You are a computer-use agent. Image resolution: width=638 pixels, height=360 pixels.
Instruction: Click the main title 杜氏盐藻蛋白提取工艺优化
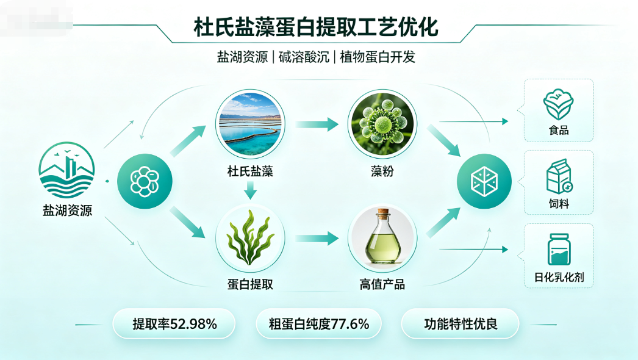(x=316, y=27)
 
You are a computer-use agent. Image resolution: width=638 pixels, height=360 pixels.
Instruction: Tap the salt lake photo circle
(x=250, y=124)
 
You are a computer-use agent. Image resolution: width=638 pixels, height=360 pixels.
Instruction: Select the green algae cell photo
(x=382, y=124)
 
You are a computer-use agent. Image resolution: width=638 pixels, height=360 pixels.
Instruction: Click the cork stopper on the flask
(x=382, y=214)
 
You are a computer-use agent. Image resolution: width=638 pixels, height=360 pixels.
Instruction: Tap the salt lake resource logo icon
(x=66, y=170)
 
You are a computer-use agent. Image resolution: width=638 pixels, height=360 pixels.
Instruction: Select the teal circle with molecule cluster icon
(x=145, y=181)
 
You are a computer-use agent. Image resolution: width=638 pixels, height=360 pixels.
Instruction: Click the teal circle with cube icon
(x=484, y=181)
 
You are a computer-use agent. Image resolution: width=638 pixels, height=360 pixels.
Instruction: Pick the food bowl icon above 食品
(x=558, y=105)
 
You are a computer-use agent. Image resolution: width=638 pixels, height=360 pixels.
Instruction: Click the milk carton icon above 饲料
(x=559, y=176)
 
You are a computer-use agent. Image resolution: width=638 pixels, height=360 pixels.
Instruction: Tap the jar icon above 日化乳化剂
(x=559, y=249)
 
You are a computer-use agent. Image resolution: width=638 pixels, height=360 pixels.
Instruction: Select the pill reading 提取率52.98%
(x=174, y=324)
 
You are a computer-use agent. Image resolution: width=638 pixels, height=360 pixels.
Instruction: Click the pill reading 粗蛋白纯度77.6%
(x=318, y=324)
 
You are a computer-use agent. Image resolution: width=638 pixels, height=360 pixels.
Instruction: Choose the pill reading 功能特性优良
(x=460, y=324)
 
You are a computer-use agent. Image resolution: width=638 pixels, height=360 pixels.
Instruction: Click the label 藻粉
(x=382, y=171)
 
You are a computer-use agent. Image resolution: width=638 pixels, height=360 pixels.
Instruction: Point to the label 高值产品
(x=382, y=284)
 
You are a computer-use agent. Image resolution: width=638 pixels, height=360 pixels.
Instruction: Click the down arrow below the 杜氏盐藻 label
(x=250, y=190)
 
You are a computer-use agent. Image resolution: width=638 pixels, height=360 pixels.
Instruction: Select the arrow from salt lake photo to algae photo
(x=317, y=124)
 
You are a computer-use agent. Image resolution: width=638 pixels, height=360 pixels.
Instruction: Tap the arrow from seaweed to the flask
(x=317, y=238)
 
